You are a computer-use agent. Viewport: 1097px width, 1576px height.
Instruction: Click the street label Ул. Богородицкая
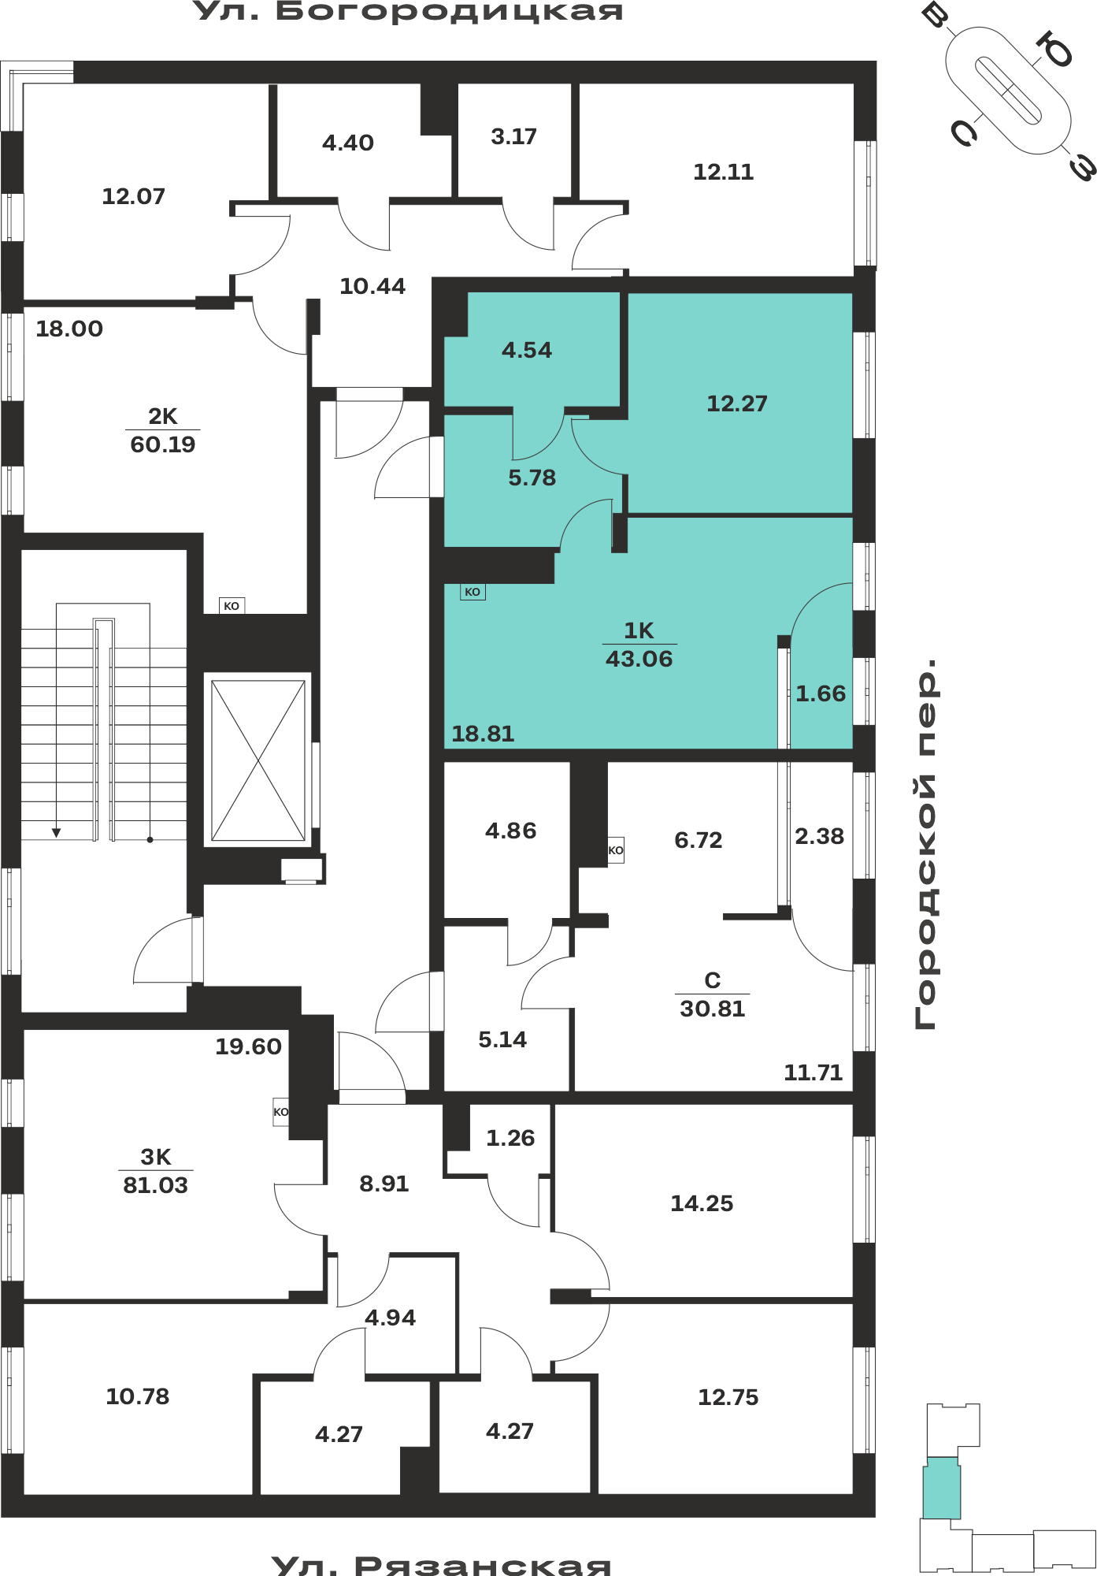pyautogui.click(x=408, y=12)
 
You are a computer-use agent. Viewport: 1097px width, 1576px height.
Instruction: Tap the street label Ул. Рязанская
pyautogui.click(x=441, y=1565)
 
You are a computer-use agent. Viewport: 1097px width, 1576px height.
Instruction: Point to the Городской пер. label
pyautogui.click(x=926, y=844)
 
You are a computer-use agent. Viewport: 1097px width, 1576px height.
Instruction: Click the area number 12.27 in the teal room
pyautogui.click(x=736, y=403)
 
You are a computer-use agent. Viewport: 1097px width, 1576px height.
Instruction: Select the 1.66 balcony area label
pyautogui.click(x=821, y=693)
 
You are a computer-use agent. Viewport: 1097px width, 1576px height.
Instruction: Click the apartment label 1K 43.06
pyautogui.click(x=639, y=645)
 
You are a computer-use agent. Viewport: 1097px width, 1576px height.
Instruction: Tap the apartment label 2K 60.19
pyautogui.click(x=163, y=430)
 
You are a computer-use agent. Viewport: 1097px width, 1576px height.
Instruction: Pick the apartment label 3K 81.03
pyautogui.click(x=156, y=1171)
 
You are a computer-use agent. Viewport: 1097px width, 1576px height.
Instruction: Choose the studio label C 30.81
pyautogui.click(x=713, y=994)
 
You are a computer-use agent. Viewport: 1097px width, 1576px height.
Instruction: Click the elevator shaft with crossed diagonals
pyautogui.click(x=258, y=760)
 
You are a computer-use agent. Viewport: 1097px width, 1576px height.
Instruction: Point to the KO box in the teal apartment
pyautogui.click(x=473, y=592)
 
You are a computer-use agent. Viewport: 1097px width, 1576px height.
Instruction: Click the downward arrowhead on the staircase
pyautogui.click(x=57, y=832)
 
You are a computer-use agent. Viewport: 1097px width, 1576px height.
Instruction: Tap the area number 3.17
pyautogui.click(x=513, y=137)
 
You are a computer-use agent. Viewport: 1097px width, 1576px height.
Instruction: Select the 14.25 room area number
pyautogui.click(x=702, y=1203)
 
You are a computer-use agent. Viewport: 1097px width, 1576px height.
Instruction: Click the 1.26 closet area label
pyautogui.click(x=510, y=1138)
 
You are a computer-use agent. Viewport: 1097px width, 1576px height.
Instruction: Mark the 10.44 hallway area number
pyautogui.click(x=372, y=286)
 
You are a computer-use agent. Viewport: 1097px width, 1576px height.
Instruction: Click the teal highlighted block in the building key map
pyautogui.click(x=942, y=1488)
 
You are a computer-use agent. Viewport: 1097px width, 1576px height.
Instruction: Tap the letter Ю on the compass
pyautogui.click(x=1055, y=49)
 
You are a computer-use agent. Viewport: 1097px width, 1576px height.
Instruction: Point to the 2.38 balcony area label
pyautogui.click(x=819, y=836)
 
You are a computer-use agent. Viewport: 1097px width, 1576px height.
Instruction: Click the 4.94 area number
pyautogui.click(x=391, y=1318)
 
